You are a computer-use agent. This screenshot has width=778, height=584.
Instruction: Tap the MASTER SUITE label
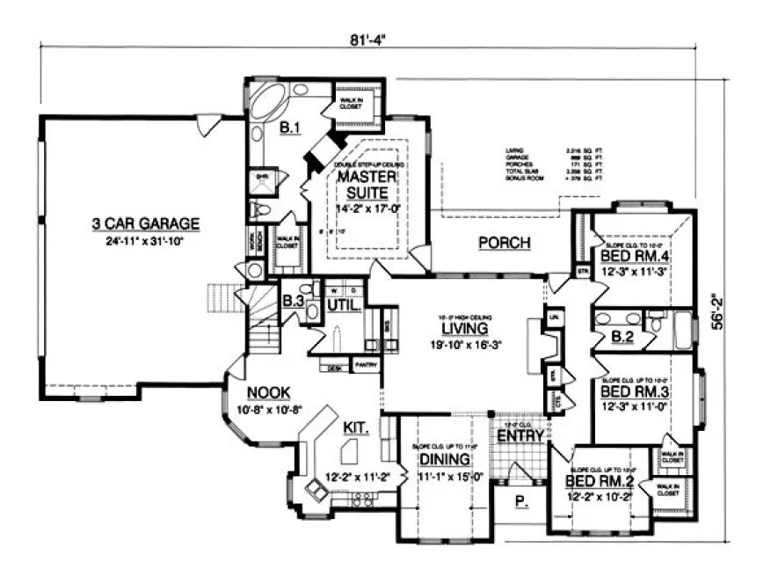367,184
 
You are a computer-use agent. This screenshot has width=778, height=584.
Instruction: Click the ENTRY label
516,437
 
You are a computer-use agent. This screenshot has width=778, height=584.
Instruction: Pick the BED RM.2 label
592,482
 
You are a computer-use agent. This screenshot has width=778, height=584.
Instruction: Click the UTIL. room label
343,305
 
